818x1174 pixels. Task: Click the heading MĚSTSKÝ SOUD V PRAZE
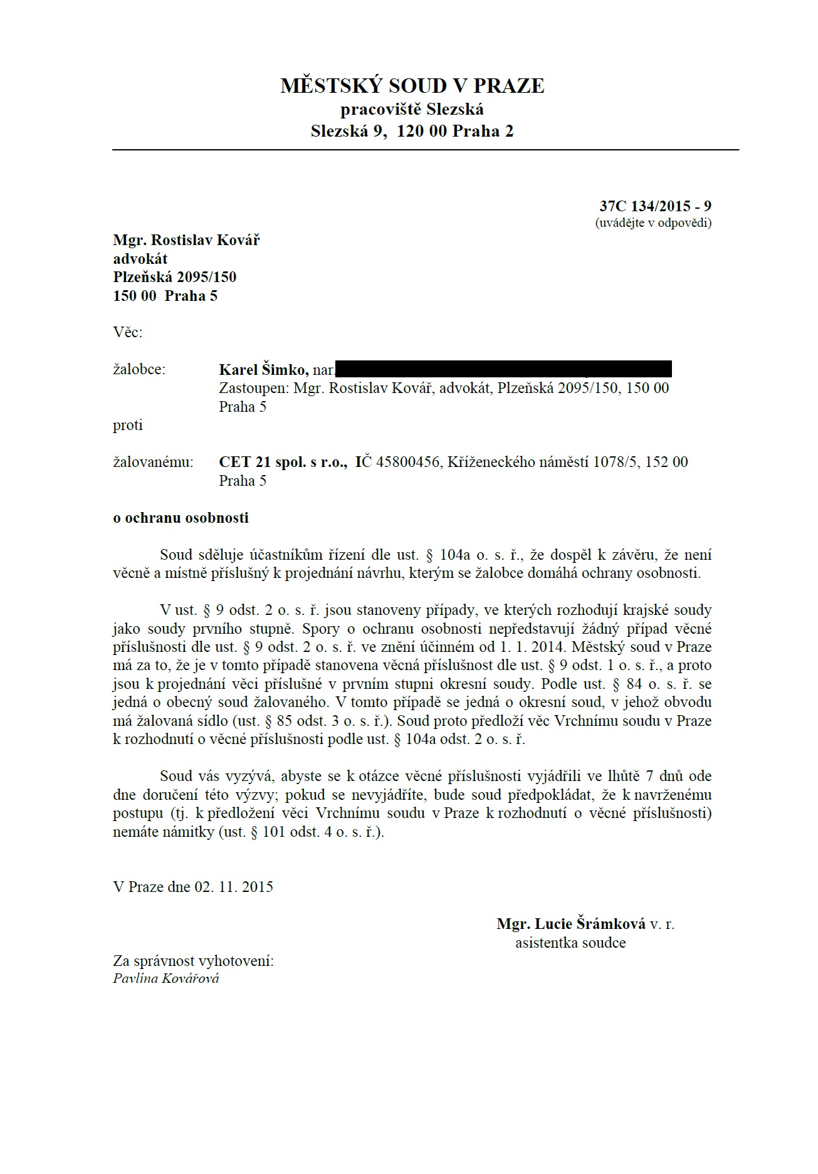412,86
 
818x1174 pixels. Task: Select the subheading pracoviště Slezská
412,110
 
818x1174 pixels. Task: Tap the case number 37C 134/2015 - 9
655,206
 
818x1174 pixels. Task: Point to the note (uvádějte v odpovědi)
653,223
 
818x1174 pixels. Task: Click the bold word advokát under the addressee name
140,259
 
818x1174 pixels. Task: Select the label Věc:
128,332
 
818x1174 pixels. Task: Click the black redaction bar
504,369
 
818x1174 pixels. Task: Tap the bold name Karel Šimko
263,370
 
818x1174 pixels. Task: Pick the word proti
128,425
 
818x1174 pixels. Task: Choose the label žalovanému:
154,463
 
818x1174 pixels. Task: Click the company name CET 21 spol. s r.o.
283,463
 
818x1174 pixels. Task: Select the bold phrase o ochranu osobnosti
181,518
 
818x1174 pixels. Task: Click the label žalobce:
139,370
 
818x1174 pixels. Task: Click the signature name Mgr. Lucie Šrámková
571,924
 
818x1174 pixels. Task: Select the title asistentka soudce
570,943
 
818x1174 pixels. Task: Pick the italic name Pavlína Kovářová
166,978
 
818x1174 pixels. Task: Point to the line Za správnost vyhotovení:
193,961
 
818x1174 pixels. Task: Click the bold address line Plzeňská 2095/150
175,277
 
